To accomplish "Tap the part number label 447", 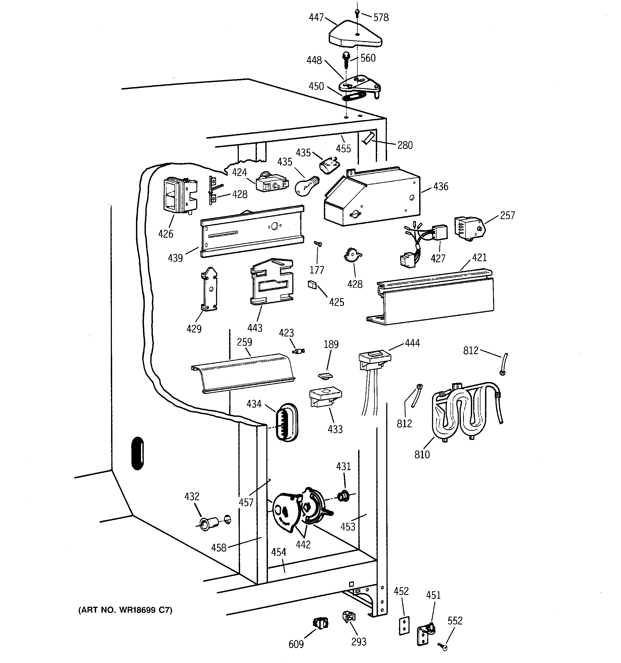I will pos(316,17).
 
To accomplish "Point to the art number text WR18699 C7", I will pos(125,610).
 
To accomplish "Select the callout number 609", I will pos(296,644).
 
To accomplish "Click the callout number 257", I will pos(507,215).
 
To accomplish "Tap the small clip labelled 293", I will pos(348,617).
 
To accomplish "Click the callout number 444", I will pos(412,343).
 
